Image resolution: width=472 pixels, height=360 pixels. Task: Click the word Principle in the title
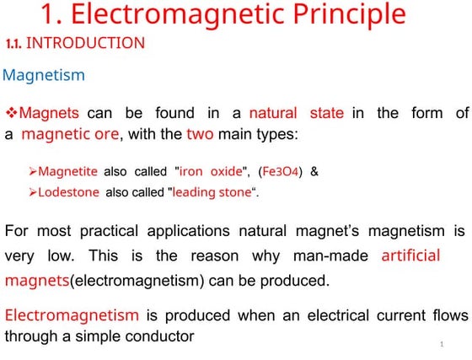pyautogui.click(x=346, y=14)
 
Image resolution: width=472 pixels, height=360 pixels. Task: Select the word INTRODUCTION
pyautogui.click(x=85, y=43)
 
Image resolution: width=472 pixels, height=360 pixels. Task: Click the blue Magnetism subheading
pyautogui.click(x=44, y=76)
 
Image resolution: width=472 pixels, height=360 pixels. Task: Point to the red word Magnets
pyautogui.click(x=49, y=113)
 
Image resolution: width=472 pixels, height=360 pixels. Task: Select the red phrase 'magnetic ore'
pyautogui.click(x=71, y=133)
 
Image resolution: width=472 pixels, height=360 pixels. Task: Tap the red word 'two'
pyautogui.click(x=200, y=133)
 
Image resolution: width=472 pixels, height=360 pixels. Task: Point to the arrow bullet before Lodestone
pyautogui.click(x=32, y=192)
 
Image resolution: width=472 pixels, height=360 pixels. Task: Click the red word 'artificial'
pyautogui.click(x=411, y=255)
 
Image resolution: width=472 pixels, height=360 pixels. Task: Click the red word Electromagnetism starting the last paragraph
pyautogui.click(x=72, y=315)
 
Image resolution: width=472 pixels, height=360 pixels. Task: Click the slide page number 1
pyautogui.click(x=442, y=345)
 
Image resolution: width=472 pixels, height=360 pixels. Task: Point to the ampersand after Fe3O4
pyautogui.click(x=314, y=171)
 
